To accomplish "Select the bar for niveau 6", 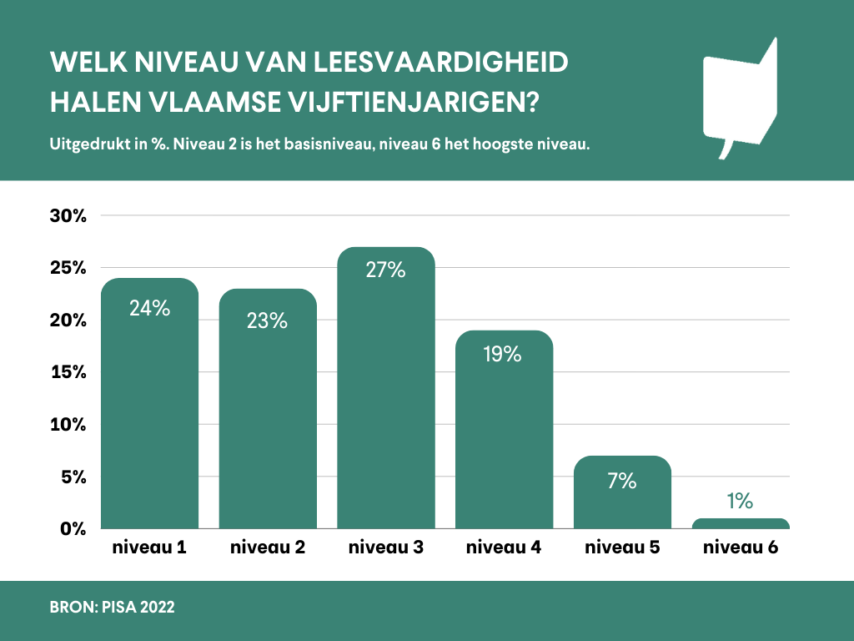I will pos(741,523).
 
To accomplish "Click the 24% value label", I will pos(150,308).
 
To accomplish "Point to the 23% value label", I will pos(267,320).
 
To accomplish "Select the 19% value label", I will pos(503,354).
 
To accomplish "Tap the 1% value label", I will pos(740,501).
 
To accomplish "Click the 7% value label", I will pos(622,481).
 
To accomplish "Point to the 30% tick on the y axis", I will pos(68,216).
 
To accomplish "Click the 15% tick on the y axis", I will pos(68,372).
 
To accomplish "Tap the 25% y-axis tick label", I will pos(68,268).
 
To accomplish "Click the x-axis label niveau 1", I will pos(149,548).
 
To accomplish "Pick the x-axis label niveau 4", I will pos(504,548).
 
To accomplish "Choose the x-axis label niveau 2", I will pos(268,548).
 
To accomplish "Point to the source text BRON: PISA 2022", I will pos(112,608).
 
